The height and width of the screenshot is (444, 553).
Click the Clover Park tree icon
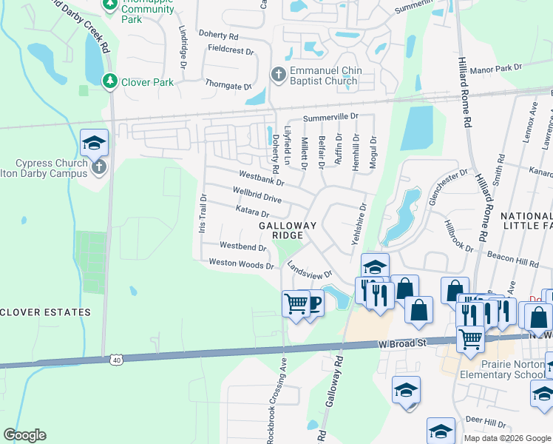coord(110,81)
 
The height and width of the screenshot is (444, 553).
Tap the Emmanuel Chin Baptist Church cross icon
coord(278,74)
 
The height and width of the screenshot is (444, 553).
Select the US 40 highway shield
coord(116,359)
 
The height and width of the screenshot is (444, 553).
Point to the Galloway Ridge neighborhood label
coord(288,230)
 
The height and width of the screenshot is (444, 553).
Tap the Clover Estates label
coord(45,312)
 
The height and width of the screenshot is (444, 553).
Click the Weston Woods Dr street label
coord(241,263)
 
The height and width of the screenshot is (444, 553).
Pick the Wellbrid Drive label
coord(257,195)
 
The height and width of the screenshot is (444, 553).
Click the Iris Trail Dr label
coord(202,214)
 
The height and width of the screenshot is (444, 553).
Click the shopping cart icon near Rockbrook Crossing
coord(296,303)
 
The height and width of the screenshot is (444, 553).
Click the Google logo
coord(24,435)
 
